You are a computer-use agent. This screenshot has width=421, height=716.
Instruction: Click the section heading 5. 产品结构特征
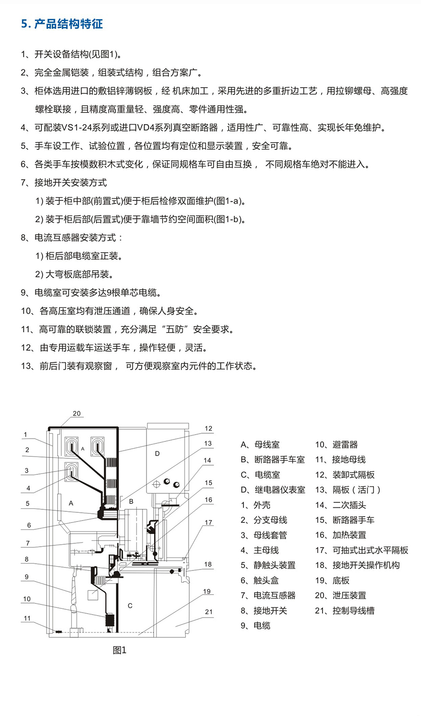pyautogui.click(x=62, y=24)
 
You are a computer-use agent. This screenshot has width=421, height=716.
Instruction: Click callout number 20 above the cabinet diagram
pyautogui.click(x=77, y=414)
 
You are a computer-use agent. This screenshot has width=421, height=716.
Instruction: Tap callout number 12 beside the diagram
pyautogui.click(x=209, y=429)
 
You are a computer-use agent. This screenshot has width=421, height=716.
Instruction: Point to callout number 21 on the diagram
pyautogui.click(x=209, y=612)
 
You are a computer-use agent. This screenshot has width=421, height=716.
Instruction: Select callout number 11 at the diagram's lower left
pyautogui.click(x=27, y=618)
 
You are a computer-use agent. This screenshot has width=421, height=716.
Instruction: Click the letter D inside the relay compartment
pyautogui.click(x=157, y=454)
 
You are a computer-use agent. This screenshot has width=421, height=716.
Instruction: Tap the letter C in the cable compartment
pyautogui.click(x=130, y=606)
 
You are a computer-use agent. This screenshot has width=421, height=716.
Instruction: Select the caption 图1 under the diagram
pyautogui.click(x=119, y=651)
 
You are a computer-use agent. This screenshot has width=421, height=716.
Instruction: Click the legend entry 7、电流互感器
pyautogui.click(x=268, y=596)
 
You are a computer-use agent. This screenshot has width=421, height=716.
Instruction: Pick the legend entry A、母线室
pyautogui.click(x=260, y=445)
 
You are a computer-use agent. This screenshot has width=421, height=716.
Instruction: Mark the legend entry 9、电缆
pyautogui.click(x=256, y=626)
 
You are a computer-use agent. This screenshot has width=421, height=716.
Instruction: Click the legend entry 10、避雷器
pyautogui.click(x=336, y=445)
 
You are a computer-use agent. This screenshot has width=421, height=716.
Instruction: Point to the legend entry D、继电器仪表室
pyautogui.click(x=273, y=490)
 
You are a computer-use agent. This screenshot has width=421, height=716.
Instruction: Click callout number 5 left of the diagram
pyautogui.click(x=28, y=504)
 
